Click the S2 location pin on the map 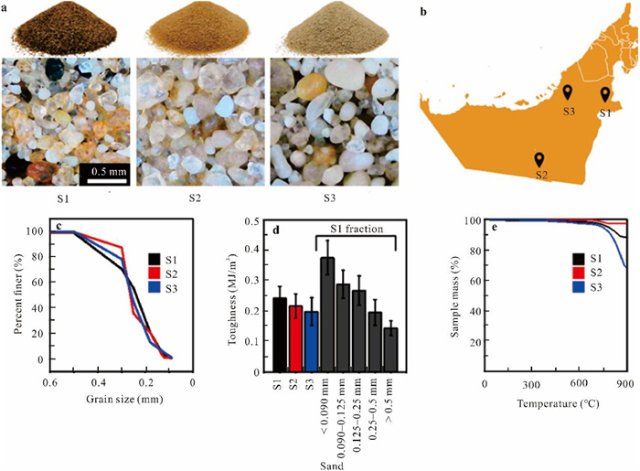point(540,161)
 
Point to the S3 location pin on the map point(568,92)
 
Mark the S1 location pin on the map point(603,93)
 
